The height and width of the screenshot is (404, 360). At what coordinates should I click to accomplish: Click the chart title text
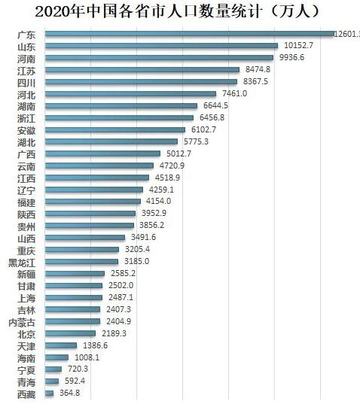pos(178,12)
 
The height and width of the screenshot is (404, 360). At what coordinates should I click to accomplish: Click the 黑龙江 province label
pos(21,262)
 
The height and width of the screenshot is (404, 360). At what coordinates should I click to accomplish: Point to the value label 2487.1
pos(118,297)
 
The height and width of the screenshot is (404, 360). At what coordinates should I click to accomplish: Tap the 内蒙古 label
pos(21,321)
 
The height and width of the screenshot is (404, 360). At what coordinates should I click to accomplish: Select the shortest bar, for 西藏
pos(49,393)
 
